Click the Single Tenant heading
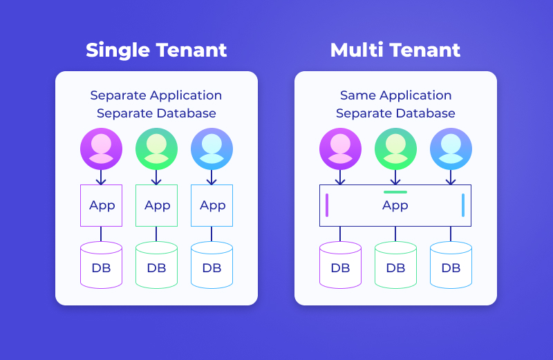(x=156, y=50)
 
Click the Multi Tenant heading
(x=395, y=50)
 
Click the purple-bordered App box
(x=102, y=205)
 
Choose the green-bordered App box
(x=157, y=205)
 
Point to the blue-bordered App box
(x=212, y=205)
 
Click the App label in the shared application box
(x=395, y=205)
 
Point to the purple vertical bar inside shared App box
(x=327, y=205)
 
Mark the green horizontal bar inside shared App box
(x=395, y=191)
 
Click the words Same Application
(x=395, y=95)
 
